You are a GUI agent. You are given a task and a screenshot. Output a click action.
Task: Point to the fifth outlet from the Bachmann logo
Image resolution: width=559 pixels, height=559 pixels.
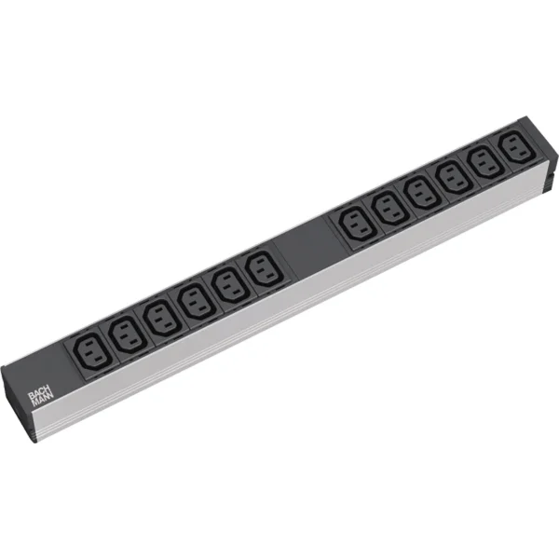(x=228, y=284)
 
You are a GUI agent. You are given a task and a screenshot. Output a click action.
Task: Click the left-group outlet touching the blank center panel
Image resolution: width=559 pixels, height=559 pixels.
(x=262, y=270)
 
